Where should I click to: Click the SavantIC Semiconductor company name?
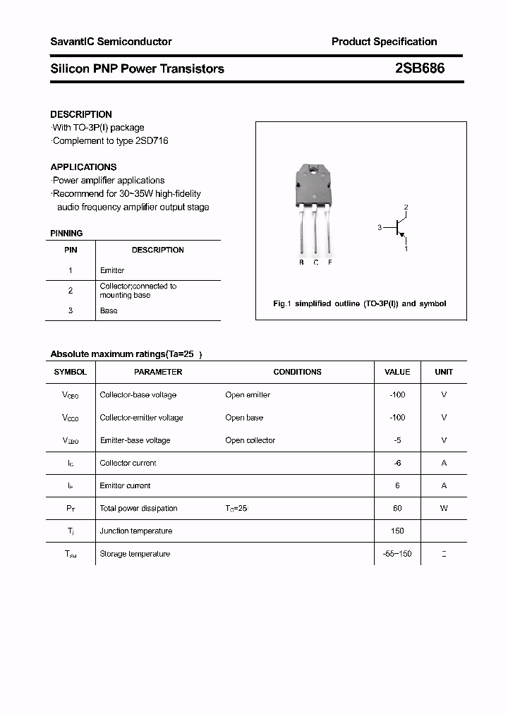[x=111, y=42]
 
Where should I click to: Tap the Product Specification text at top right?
[x=384, y=42]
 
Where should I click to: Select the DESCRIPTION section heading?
[x=81, y=114]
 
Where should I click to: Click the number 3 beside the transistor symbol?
[x=380, y=227]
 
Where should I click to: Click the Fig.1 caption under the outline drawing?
[x=359, y=303]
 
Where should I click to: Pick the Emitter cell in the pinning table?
[x=112, y=270]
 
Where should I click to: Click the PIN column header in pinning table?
[x=71, y=250]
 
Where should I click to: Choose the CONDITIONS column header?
[x=297, y=372]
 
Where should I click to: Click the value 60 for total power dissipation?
[x=397, y=508]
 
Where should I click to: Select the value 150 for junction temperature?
[x=397, y=531]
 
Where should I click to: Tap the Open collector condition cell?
[x=250, y=440]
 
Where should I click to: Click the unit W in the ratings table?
[x=444, y=508]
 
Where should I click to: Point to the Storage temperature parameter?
[x=135, y=554]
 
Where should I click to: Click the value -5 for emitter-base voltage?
[x=397, y=440]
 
